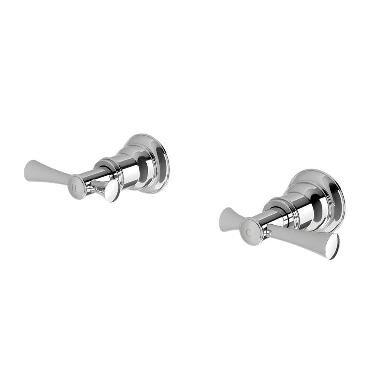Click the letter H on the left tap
click(74, 188)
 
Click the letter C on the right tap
click(249, 232)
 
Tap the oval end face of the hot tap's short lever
click(112, 192)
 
